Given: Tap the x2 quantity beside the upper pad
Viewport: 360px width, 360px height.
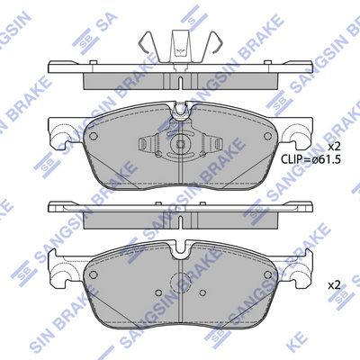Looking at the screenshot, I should tap(334, 146).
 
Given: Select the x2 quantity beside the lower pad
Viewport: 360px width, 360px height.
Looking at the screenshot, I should tap(334, 285).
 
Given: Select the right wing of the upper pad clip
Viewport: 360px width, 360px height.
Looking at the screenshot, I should tap(214, 145).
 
